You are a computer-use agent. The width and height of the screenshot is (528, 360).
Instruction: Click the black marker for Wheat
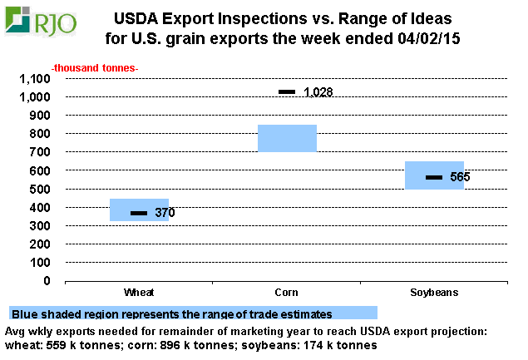coord(139,214)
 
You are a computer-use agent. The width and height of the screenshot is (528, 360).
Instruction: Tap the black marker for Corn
coord(287,91)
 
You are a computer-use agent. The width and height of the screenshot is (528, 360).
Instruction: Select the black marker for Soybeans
coord(434,177)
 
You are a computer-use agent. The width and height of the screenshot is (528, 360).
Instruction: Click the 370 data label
coord(165,214)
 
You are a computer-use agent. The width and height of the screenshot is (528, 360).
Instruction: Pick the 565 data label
coord(461,177)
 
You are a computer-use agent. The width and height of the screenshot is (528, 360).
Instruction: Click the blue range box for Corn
coord(287,138)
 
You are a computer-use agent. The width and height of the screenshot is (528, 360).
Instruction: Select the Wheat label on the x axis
coord(139,293)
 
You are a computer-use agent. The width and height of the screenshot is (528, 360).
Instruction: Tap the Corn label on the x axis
coord(287,293)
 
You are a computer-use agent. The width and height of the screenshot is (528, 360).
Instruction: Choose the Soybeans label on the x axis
coord(433,293)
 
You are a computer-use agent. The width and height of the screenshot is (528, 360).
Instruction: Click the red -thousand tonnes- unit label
coord(96,67)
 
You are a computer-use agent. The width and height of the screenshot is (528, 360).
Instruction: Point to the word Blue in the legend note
coord(24,314)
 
